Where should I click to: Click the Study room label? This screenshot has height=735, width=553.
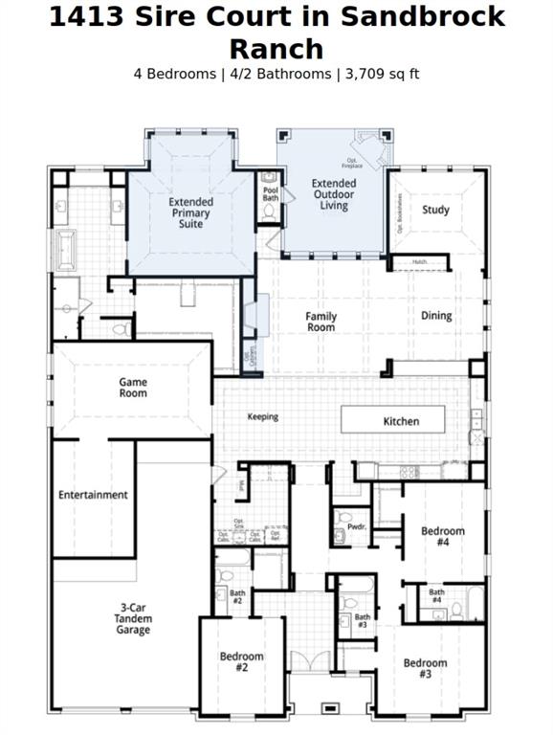pyautogui.click(x=435, y=210)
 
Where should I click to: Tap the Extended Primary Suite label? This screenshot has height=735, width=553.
pyautogui.click(x=191, y=212)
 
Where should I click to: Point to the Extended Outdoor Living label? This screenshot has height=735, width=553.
pyautogui.click(x=334, y=193)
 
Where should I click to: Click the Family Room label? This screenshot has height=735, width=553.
pyautogui.click(x=321, y=322)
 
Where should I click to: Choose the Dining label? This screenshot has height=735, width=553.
pyautogui.click(x=436, y=316)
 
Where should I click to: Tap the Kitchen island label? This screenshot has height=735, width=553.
pyautogui.click(x=401, y=421)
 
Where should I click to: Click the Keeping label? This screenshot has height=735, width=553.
pyautogui.click(x=263, y=416)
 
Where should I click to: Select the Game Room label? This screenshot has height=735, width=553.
pyautogui.click(x=133, y=387)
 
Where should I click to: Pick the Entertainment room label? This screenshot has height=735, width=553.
pyautogui.click(x=93, y=495)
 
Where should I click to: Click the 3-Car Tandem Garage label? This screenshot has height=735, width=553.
pyautogui.click(x=135, y=618)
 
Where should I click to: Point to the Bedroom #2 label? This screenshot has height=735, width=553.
pyautogui.click(x=241, y=661)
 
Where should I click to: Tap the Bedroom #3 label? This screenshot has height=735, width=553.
pyautogui.click(x=425, y=668)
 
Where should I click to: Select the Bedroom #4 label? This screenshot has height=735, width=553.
pyautogui.click(x=443, y=536)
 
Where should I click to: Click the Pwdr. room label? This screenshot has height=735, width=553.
pyautogui.click(x=357, y=526)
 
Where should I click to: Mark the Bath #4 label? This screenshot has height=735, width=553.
pyautogui.click(x=436, y=596)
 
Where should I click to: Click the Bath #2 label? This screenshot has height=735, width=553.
pyautogui.click(x=237, y=597)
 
